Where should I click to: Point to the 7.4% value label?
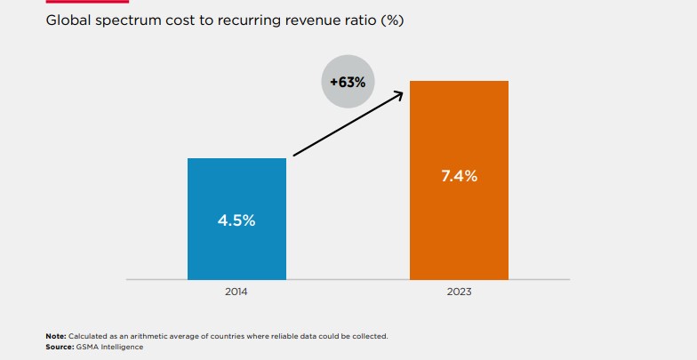coord(459,176)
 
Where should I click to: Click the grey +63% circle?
coord(348,81)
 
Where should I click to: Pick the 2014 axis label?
coord(236,292)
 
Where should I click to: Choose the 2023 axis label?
coord(459,292)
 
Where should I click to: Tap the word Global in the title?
coord(68,21)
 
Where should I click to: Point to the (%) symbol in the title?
coord(391,21)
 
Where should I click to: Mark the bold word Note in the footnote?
coord(55,336)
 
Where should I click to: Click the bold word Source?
coord(59,345)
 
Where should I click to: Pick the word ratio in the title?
coord(356,21)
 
